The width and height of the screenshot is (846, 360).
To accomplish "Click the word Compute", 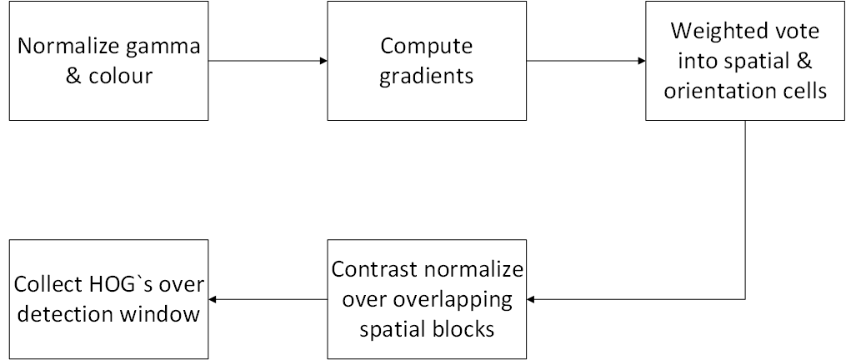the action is point(426,47).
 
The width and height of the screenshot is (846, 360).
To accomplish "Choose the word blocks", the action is point(462,328).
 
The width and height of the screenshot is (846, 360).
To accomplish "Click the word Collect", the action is point(47,284).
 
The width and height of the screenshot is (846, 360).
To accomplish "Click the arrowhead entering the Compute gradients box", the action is point(323,61).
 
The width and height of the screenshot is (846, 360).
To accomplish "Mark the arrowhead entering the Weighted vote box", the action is point(642,61).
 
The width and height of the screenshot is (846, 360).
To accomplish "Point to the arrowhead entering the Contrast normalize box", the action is point(531,299).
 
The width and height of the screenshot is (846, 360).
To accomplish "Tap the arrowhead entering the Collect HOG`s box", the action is point(213,299).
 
